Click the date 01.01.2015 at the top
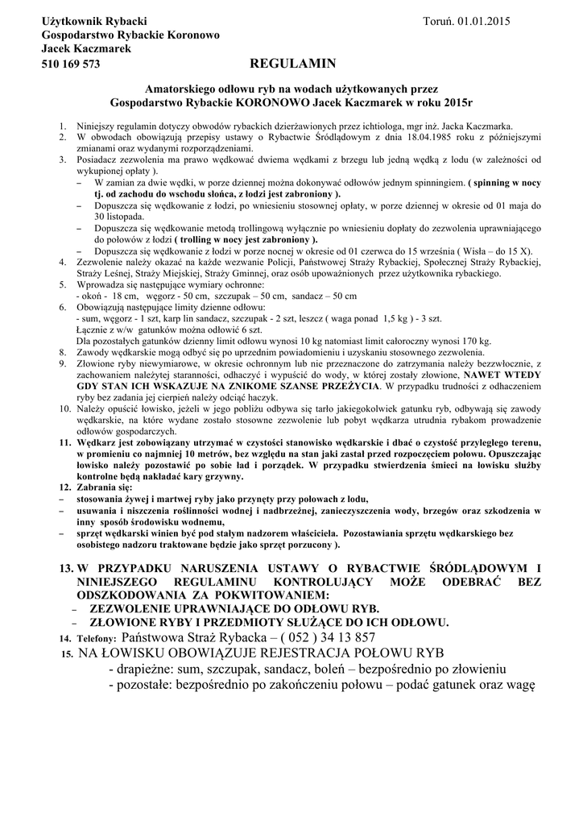482,19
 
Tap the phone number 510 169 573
71,64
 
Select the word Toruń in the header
438,19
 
